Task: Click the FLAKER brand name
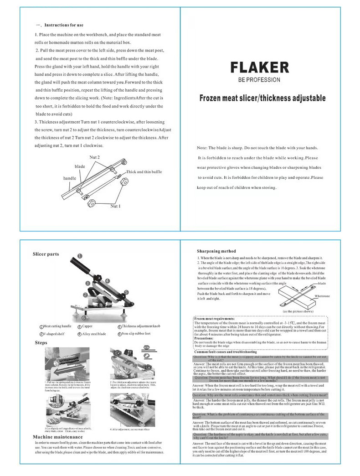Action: coord(259,67)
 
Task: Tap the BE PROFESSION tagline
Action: coord(259,80)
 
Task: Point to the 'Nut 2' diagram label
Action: coord(94,157)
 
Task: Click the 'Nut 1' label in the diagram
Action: coord(115,206)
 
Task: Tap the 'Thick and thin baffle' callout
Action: coord(144,172)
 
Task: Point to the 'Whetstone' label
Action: coord(322,296)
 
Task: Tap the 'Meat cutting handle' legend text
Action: coord(57,326)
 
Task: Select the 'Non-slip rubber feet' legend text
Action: coord(138,334)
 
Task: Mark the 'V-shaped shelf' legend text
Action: coord(54,334)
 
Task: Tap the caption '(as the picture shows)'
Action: coord(298,310)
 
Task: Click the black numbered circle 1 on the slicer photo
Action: coord(79,256)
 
